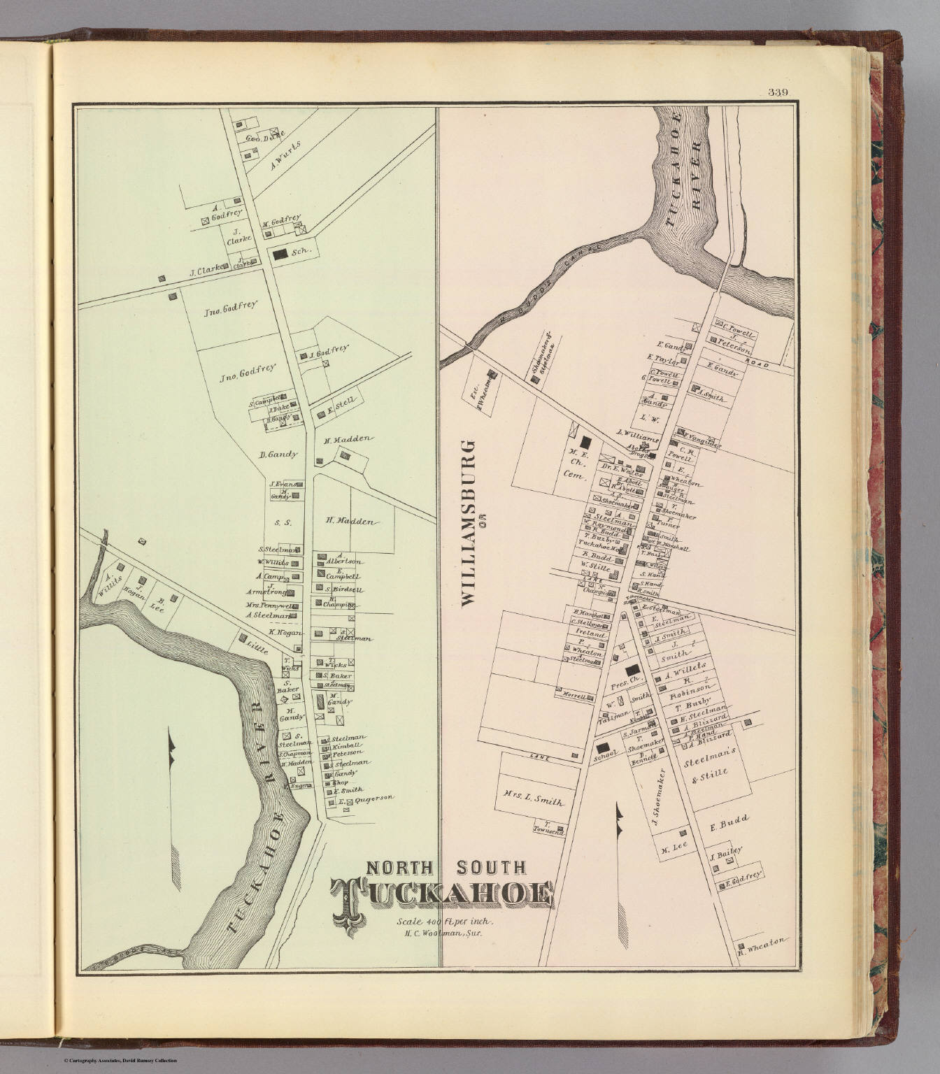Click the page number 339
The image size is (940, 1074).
[x=778, y=92]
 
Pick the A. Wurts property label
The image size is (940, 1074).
[x=285, y=166]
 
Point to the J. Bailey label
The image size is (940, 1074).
[x=725, y=851]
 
